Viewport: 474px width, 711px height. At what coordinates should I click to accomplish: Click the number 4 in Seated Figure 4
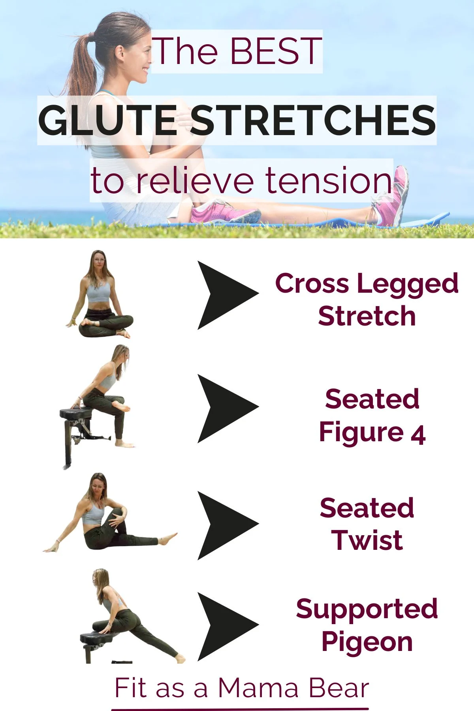[x=418, y=434]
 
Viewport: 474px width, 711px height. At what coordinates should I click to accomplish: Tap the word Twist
[x=367, y=540]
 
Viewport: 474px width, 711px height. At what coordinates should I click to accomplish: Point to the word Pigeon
[x=367, y=642]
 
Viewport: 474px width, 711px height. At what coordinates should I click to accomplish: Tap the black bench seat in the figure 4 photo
[x=75, y=414]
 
